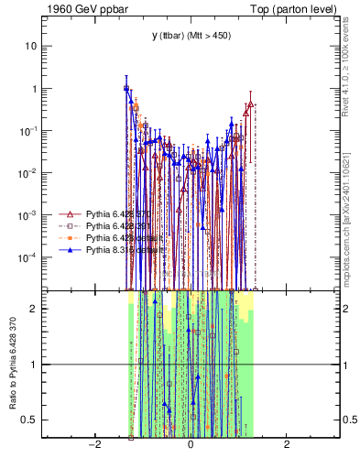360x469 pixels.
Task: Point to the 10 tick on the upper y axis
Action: (32, 46)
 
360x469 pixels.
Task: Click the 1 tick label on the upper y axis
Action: (35, 89)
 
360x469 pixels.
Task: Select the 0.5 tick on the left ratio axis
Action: (29, 420)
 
